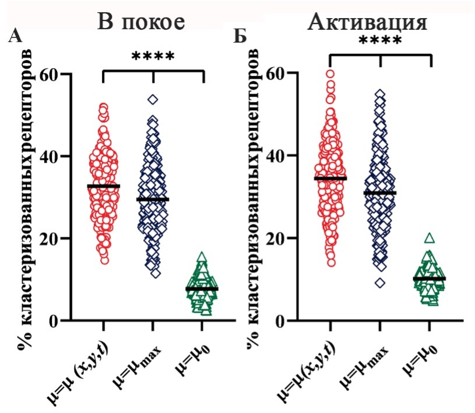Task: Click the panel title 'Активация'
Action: click(x=368, y=23)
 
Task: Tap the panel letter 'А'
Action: click(x=16, y=37)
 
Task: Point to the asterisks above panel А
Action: click(x=153, y=57)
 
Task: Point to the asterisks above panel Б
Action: click(x=379, y=41)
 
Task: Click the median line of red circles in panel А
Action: click(x=103, y=186)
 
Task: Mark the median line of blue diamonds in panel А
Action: click(x=153, y=199)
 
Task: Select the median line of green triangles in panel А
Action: click(x=202, y=289)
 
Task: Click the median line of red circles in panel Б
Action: click(x=330, y=178)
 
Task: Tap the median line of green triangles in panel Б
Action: click(x=429, y=279)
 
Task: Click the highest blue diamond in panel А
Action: click(x=153, y=100)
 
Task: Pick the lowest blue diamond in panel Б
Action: click(x=380, y=283)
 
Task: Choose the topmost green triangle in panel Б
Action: click(x=430, y=238)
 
